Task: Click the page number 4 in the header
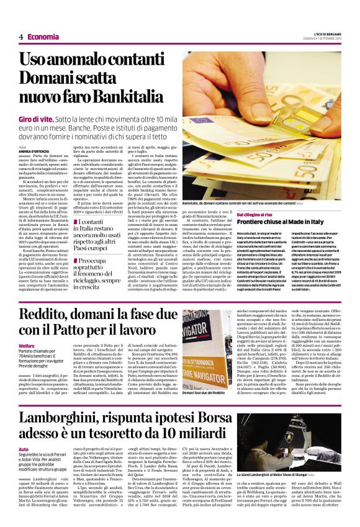pos(20,37)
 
